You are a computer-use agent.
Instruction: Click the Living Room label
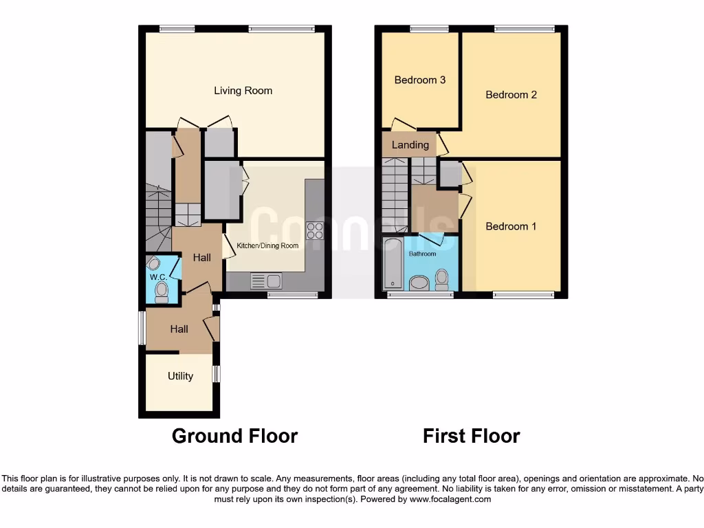(243, 91)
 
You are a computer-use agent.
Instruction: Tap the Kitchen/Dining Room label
(267, 245)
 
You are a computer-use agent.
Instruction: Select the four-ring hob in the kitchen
(315, 231)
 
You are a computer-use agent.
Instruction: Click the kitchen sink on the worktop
(266, 280)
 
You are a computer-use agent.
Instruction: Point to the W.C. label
(158, 277)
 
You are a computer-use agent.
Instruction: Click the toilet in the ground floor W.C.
(162, 293)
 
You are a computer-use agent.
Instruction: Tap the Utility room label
(180, 376)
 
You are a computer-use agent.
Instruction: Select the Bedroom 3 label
(419, 80)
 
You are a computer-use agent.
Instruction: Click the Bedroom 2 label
(511, 95)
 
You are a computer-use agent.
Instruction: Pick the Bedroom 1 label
(511, 226)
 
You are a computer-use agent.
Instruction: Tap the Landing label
(410, 144)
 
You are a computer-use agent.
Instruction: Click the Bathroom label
(422, 254)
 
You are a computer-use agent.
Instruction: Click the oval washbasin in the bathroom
(419, 282)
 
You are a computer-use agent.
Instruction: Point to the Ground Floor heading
(234, 436)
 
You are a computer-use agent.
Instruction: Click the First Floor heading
(471, 436)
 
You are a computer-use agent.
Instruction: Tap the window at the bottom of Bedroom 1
(522, 295)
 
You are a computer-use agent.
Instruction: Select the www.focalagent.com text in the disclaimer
(450, 499)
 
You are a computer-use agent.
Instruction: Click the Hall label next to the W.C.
(202, 257)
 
